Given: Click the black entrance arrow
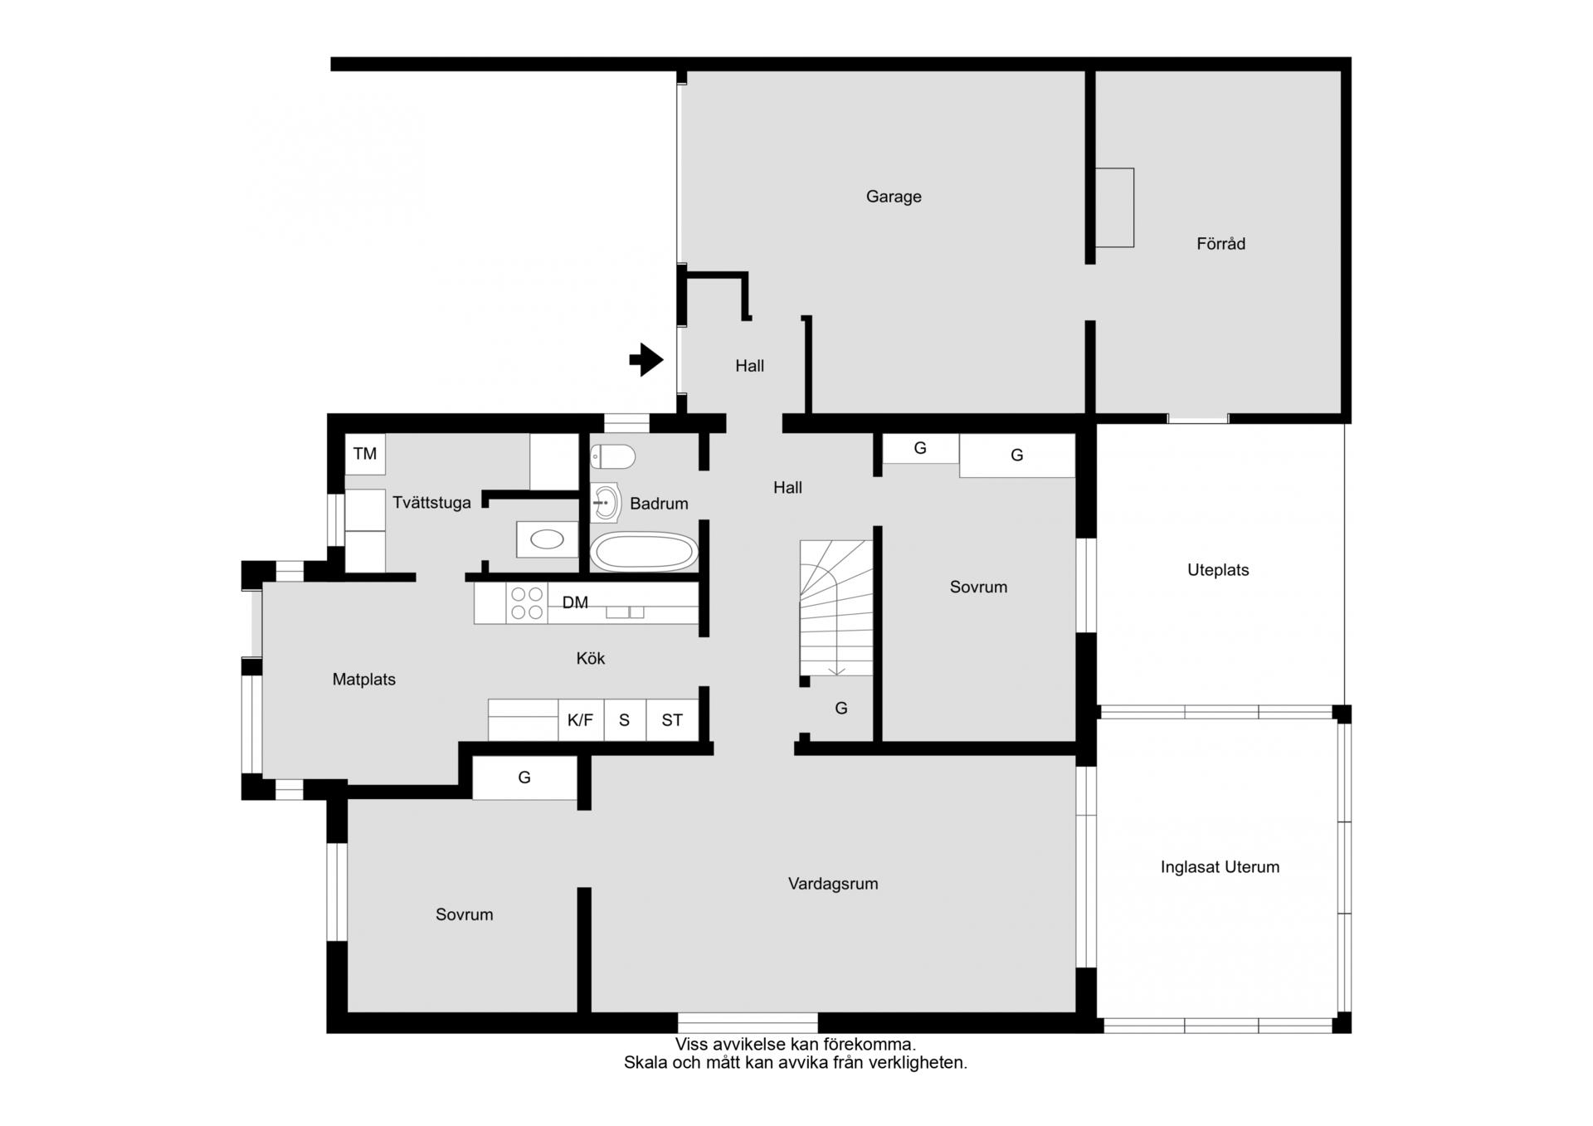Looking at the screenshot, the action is pos(646,360).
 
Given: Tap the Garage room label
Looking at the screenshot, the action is pos(894,197).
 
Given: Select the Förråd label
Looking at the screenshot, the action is pos(1220,244).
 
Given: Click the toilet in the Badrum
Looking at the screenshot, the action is pos(613,456).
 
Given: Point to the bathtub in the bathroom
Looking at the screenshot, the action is pos(644,552).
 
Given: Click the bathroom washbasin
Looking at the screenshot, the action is pos(606,503).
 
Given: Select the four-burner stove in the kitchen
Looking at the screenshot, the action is pos(527,603).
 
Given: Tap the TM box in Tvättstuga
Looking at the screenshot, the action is pos(365,454).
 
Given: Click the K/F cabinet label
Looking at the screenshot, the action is pos(580,720).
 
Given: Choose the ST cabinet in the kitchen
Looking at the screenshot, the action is pos(672,719).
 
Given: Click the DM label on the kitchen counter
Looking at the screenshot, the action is pos(575,602).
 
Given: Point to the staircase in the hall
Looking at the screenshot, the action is pos(836,608).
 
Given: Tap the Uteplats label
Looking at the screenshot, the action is pos(1218,570).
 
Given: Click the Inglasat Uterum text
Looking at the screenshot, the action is pos(1220,867).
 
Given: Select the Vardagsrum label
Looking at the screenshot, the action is pos(833,884).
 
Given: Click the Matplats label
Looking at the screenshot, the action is pos(364,680).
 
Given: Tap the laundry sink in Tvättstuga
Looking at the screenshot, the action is pos(547,540).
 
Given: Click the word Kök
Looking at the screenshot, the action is pos(591,658).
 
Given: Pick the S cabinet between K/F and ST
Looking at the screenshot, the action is pos(625,719).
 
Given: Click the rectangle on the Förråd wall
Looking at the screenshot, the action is pos(1115,207).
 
